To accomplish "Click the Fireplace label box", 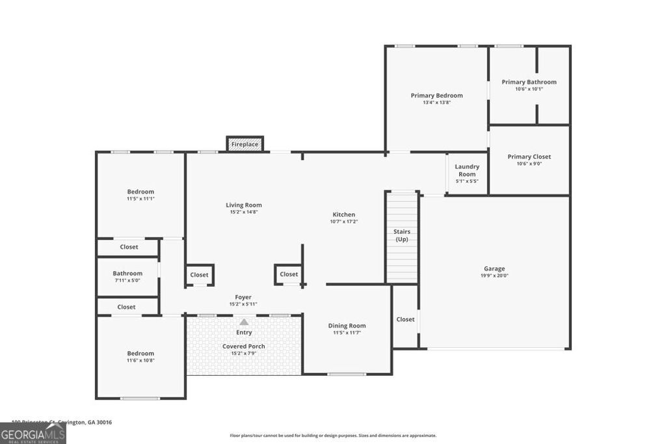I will coord(245,144).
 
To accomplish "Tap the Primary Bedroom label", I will coord(436,96).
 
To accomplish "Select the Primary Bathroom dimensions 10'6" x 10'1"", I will coord(529,89).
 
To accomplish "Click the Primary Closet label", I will coord(529,157).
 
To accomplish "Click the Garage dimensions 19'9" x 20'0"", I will coord(494,276).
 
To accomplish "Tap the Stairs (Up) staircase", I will coord(402,237).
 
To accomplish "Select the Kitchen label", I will coord(344,215).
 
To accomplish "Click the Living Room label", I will coord(244,205).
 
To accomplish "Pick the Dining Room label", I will coord(347,326).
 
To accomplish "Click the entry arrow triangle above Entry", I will coord(244,322).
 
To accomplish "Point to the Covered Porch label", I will coord(244,346).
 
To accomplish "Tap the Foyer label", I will coord(243,297).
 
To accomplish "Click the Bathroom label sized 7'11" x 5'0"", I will coord(127,274).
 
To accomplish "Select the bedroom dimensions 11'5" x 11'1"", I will coord(140,199).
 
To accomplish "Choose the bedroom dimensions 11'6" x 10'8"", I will coord(140,361).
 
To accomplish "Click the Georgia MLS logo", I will coord(33,434).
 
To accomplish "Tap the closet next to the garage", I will coord(405,319).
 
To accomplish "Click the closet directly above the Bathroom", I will coord(129,247).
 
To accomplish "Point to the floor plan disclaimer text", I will coord(333,436).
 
